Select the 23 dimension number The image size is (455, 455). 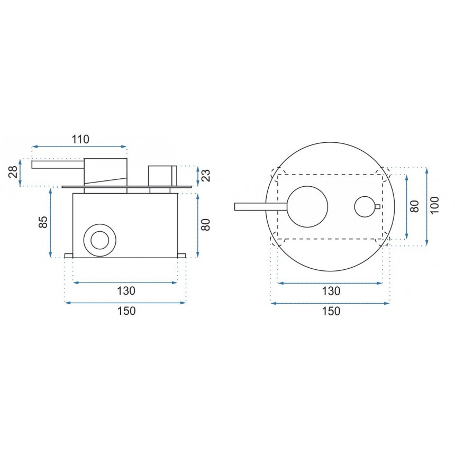pyautogui.click(x=206, y=175)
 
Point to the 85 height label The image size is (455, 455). pyautogui.click(x=43, y=222)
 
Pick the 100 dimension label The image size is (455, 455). pyautogui.click(x=434, y=206)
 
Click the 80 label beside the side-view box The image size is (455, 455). pyautogui.click(x=206, y=224)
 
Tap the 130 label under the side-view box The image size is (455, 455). pyautogui.click(x=126, y=290)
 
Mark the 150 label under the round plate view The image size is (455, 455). pyautogui.click(x=331, y=311)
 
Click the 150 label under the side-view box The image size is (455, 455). pyautogui.click(x=126, y=311)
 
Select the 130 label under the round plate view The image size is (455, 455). pyautogui.click(x=331, y=290)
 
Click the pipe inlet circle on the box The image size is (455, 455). pyautogui.click(x=99, y=240)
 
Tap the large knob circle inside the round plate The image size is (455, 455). pyautogui.click(x=307, y=207)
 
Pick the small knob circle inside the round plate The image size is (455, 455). pyautogui.click(x=364, y=207)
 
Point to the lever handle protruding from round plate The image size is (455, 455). pyautogui.click(x=259, y=207)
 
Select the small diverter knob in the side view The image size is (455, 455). pyautogui.click(x=162, y=175)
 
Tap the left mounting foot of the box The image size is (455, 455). pyautogui.click(x=69, y=256)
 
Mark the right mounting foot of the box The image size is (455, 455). pyautogui.click(x=181, y=256)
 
